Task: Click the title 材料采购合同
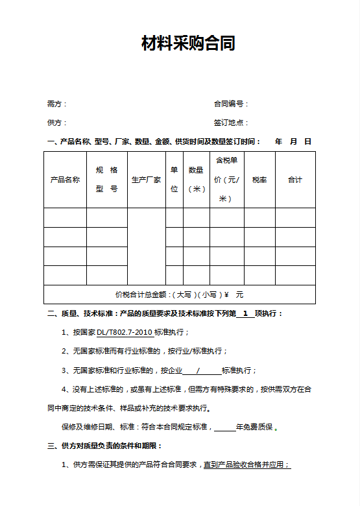click(x=188, y=44)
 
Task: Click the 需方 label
click(x=56, y=104)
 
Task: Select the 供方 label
click(x=56, y=123)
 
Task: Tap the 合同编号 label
click(x=231, y=104)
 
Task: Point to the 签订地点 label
click(x=231, y=123)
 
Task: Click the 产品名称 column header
click(x=65, y=180)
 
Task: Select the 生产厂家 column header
click(x=147, y=180)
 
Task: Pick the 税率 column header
click(x=259, y=180)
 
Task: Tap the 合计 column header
click(x=295, y=180)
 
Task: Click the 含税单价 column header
click(x=226, y=180)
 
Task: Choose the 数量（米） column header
click(x=197, y=180)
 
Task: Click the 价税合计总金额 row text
click(x=179, y=295)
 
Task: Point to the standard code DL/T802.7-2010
click(x=125, y=332)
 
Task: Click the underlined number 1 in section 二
click(x=245, y=313)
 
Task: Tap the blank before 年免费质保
click(x=224, y=428)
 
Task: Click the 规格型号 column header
click(x=107, y=180)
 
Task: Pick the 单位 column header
click(x=174, y=180)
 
